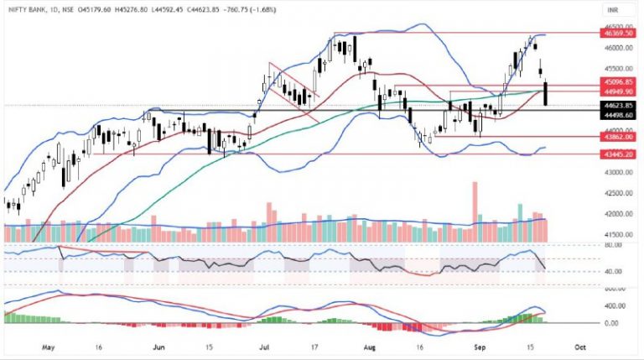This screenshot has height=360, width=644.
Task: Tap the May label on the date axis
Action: click(x=48, y=344)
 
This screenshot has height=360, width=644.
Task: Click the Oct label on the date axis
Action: click(x=579, y=344)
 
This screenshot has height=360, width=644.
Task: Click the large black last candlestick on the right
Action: click(x=546, y=93)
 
